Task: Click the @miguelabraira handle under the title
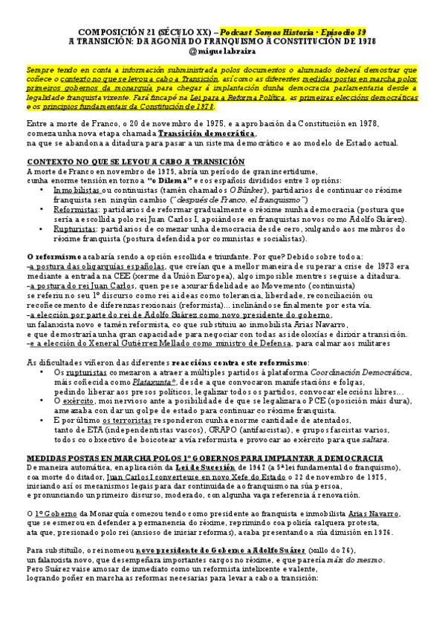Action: click(223, 50)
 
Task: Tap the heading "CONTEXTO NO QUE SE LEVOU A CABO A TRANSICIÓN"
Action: click(136, 161)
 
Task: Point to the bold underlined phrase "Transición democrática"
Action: click(207, 133)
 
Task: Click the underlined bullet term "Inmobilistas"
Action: click(77, 191)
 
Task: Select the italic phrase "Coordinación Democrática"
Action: click(371, 372)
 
